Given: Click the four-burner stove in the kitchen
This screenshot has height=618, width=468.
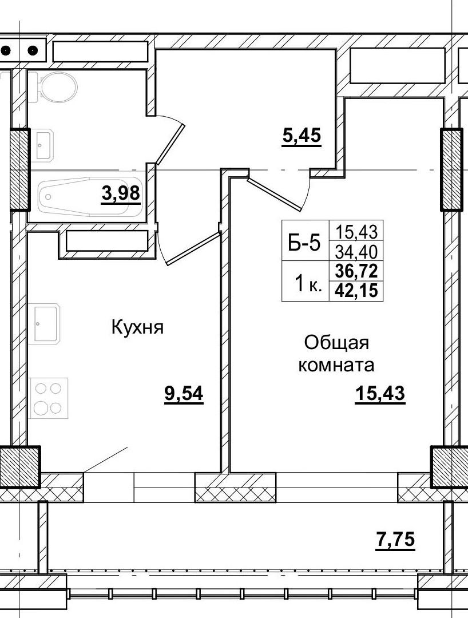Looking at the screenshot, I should (49, 398).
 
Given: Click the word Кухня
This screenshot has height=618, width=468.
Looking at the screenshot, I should (137, 328).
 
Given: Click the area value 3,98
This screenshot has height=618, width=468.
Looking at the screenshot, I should (120, 194).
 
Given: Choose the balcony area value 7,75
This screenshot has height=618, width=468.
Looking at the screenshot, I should (395, 539).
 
